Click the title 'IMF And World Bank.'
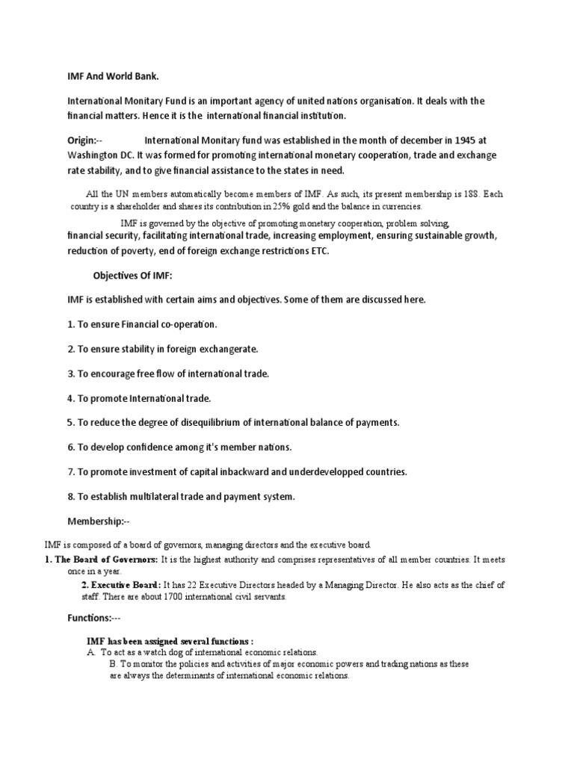pyautogui.click(x=113, y=77)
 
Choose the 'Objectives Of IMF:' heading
pyautogui.click(x=132, y=276)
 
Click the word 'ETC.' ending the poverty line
pyautogui.click(x=317, y=251)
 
